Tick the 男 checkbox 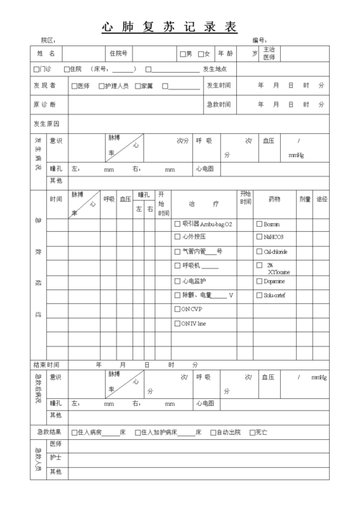pos(183,54)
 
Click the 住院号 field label pos(118,54)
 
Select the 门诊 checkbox pos(37,70)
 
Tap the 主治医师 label pos(269,53)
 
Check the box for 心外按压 pos(178,237)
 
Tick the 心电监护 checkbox pos(178,281)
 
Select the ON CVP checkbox pos(178,310)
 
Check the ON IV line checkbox pos(178,324)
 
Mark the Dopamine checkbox pos(260,281)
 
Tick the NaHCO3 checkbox pos(260,237)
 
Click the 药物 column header pos(274,199)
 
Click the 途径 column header pos(322,199)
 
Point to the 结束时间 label pos(47,365)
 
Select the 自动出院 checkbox pos(213,433)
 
